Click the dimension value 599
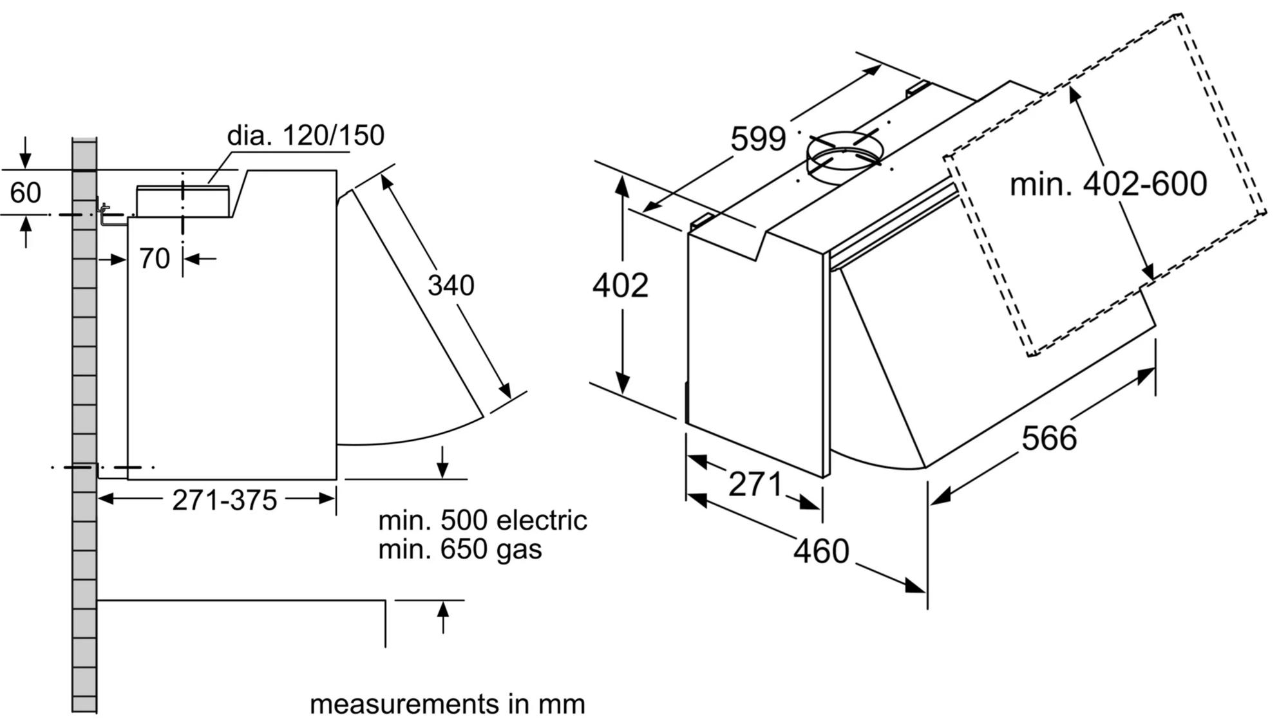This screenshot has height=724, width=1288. pos(758,139)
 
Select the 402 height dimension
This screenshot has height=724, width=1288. pos(620,285)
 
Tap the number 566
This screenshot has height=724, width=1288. pos(1049,438)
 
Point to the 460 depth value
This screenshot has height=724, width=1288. pos(821,551)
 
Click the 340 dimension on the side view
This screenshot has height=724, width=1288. pos(451,285)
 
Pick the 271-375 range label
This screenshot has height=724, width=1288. pos(224,500)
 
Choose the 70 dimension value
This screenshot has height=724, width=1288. pos(155,259)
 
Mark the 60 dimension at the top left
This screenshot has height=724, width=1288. pos(26,192)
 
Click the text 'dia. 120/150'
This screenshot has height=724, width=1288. pos(305,135)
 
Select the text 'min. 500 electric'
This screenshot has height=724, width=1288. pos(482,520)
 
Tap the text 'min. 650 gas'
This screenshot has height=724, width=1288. pos(460,549)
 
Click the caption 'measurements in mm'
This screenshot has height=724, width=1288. pos(447,704)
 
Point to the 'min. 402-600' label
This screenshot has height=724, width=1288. pos(1108,184)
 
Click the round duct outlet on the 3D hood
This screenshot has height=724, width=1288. pos(844,156)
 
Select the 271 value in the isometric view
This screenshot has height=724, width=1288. pos(755,484)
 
